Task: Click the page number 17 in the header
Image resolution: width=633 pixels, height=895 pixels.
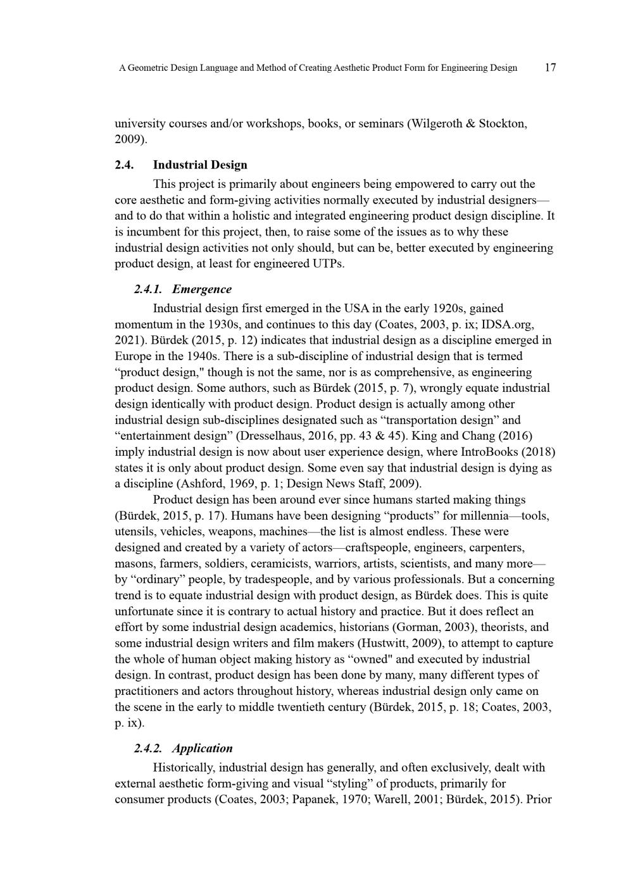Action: tap(550, 68)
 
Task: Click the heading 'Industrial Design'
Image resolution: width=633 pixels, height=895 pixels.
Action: tap(200, 165)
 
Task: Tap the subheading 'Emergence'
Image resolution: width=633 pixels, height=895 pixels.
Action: tap(202, 289)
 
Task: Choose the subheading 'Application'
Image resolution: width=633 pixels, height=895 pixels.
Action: tap(203, 748)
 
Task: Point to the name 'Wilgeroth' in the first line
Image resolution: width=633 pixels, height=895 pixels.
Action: tap(437, 123)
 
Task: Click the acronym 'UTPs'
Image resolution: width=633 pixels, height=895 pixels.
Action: tap(328, 263)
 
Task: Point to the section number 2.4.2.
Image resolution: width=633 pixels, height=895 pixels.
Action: tap(148, 748)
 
